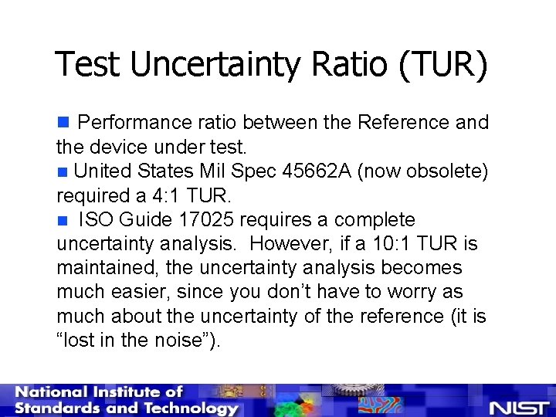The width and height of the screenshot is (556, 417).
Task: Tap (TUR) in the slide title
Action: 442,65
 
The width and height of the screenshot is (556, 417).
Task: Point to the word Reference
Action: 397,122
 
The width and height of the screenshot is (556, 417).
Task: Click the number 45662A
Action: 312,171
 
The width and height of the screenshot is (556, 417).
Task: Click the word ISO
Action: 97,220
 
